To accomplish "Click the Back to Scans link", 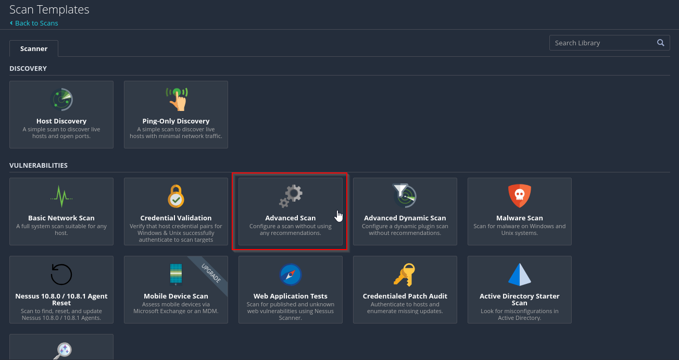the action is click(x=34, y=23).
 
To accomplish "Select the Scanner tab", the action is click(x=34, y=48).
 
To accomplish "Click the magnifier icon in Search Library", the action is click(x=660, y=43).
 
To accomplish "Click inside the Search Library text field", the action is click(x=603, y=43).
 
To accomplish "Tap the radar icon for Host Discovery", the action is click(x=61, y=100).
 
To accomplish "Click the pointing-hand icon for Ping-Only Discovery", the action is click(x=177, y=99).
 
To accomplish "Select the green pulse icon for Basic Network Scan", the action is click(x=61, y=196).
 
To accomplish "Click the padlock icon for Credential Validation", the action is click(x=176, y=196).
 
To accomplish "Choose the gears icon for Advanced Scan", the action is click(x=291, y=196).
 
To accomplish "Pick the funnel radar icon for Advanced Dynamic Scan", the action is click(x=405, y=195).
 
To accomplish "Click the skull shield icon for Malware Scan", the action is click(x=520, y=196).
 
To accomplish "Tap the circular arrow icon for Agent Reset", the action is click(x=61, y=274).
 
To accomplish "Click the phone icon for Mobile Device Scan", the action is click(x=176, y=275).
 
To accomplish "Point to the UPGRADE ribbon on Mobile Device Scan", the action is click(x=211, y=274).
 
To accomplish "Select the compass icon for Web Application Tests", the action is click(x=291, y=275).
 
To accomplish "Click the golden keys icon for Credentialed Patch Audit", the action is click(x=405, y=275).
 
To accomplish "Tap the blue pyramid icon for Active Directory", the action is click(x=520, y=275).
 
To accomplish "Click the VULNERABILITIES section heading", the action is click(x=39, y=165).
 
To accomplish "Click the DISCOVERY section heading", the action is click(x=28, y=69).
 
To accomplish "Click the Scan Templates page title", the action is click(x=49, y=10).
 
